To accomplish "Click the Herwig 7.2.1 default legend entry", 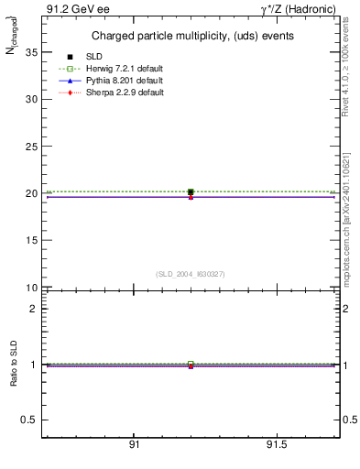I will (x=125, y=69).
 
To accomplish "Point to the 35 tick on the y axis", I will (x=30, y=52).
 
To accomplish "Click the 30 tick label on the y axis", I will (x=30, y=99).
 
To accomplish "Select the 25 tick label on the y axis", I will (x=30, y=147).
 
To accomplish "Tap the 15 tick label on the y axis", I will (x=30, y=241).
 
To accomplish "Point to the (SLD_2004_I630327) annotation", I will (x=191, y=274).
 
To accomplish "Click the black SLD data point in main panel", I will (x=191, y=192).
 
